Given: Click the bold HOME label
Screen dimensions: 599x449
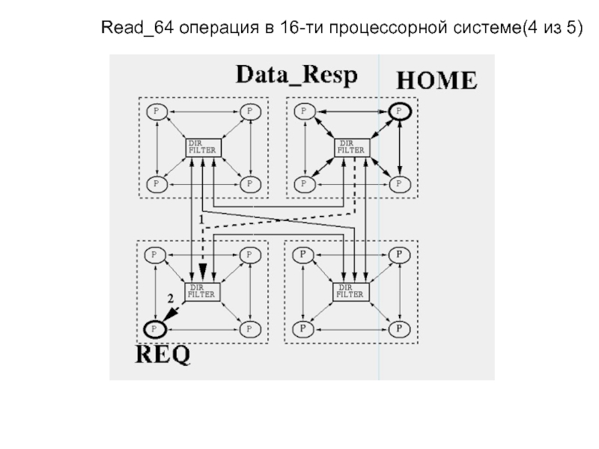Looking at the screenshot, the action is [437, 80].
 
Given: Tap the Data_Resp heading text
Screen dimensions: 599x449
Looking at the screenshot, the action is [297, 75].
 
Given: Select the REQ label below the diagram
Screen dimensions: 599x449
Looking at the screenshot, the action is [162, 354].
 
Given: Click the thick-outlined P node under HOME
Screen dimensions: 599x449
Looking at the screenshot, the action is [400, 112].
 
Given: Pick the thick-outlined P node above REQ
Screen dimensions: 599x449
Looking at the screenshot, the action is [155, 329].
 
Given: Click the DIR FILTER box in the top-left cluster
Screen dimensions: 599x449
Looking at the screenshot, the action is [204, 147].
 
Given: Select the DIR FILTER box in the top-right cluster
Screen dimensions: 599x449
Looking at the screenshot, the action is [352, 147].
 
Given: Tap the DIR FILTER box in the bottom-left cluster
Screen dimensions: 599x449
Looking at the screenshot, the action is [202, 292].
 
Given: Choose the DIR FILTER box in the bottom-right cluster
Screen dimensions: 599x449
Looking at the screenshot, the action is [351, 292].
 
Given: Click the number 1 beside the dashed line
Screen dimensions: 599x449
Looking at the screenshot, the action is [201, 220].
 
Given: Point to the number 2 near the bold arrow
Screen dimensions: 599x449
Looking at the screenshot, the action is [171, 298].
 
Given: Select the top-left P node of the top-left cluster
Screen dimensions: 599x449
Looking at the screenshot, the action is [156, 112].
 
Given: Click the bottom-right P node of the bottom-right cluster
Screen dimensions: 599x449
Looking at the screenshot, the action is [400, 329].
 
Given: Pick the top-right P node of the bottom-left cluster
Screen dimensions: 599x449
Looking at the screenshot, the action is [250, 254].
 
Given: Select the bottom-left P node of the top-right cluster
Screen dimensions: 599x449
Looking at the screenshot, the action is [305, 184].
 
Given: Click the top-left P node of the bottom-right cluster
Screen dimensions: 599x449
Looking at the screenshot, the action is [303, 254].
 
